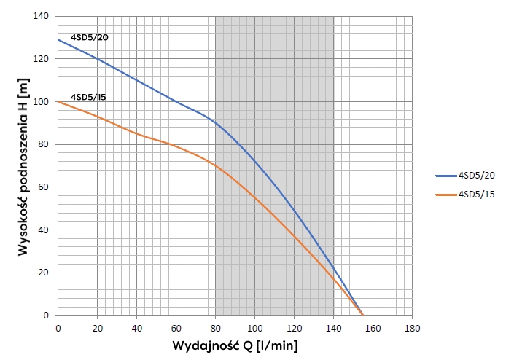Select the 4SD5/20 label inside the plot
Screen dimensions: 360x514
[89, 36]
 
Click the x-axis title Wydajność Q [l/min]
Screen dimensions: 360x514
[235, 345]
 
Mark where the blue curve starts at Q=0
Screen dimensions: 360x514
[58, 39]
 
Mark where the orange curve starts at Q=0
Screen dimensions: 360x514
[58, 101]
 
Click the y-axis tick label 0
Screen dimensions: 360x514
[50, 316]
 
